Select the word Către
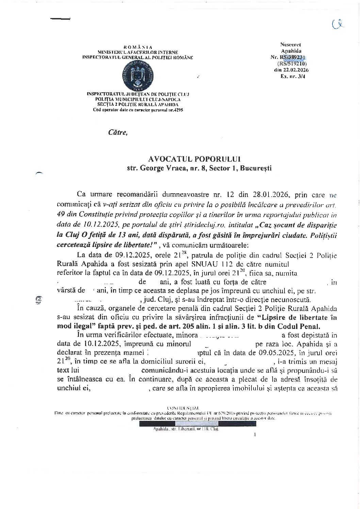pos(118,133)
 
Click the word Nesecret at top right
pos(291,45)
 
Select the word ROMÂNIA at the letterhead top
pos(138,47)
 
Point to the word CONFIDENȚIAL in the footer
pos(180,408)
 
